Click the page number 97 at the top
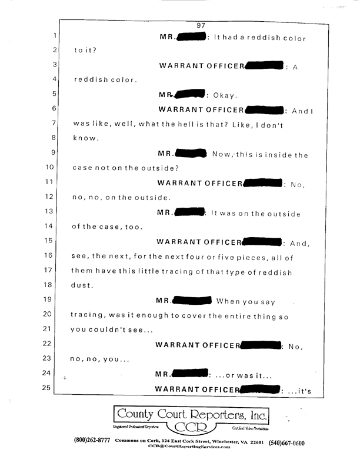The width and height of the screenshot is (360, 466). (x=201, y=25)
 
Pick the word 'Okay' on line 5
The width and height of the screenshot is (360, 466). (x=224, y=95)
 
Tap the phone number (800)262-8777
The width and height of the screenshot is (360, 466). (x=91, y=441)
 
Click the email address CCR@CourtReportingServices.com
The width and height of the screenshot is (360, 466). (x=188, y=447)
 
